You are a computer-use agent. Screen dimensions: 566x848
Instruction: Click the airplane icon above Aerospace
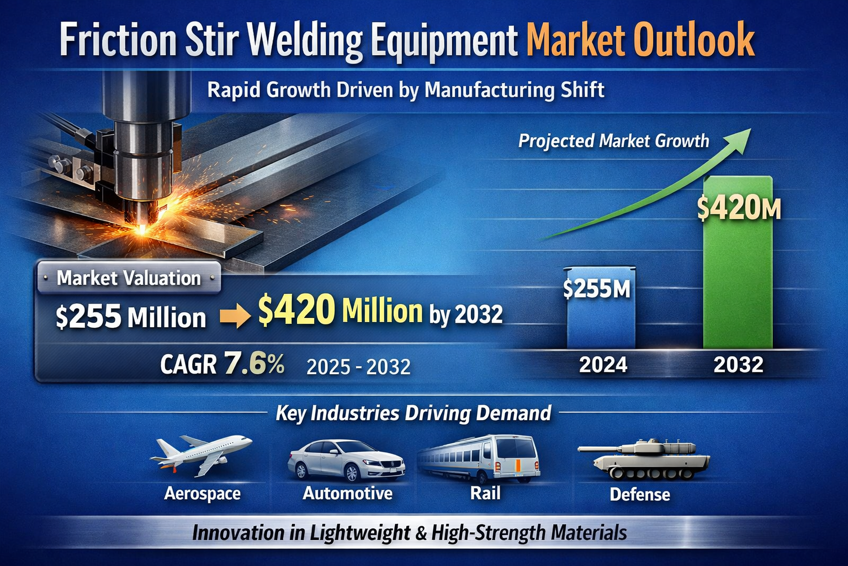click(x=202, y=454)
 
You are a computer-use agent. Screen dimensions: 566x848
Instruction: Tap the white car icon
click(x=346, y=460)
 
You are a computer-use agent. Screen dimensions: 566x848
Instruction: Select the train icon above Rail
click(x=479, y=457)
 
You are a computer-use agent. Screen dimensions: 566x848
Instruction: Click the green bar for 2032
click(x=738, y=276)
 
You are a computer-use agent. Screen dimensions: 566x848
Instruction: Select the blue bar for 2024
click(x=601, y=321)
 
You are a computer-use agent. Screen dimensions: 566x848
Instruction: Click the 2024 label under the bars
click(x=603, y=365)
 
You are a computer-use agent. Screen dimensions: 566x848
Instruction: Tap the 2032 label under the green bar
click(x=738, y=365)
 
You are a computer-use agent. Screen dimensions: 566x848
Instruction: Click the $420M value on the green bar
click(x=738, y=208)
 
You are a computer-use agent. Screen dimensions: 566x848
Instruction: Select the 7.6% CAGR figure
click(x=255, y=364)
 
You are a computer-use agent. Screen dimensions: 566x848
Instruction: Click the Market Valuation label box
click(x=129, y=277)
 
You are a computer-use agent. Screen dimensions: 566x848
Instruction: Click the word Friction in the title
click(x=117, y=40)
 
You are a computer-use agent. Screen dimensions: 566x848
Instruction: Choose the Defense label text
click(x=640, y=494)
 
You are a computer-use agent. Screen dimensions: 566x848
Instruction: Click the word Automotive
click(x=347, y=493)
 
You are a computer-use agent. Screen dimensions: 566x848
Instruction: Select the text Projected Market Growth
click(x=613, y=141)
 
